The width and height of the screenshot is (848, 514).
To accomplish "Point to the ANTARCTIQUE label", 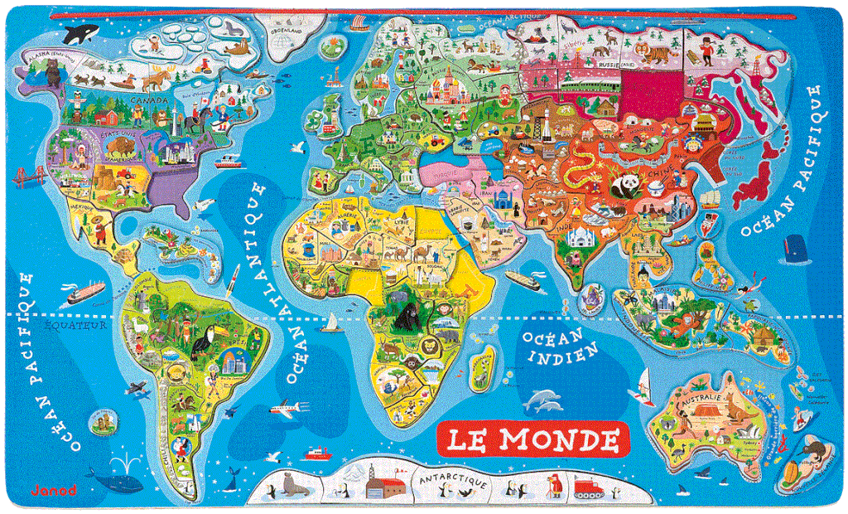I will pyautogui.click(x=451, y=481).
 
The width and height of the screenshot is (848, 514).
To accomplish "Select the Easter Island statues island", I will pyautogui.click(x=102, y=423).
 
